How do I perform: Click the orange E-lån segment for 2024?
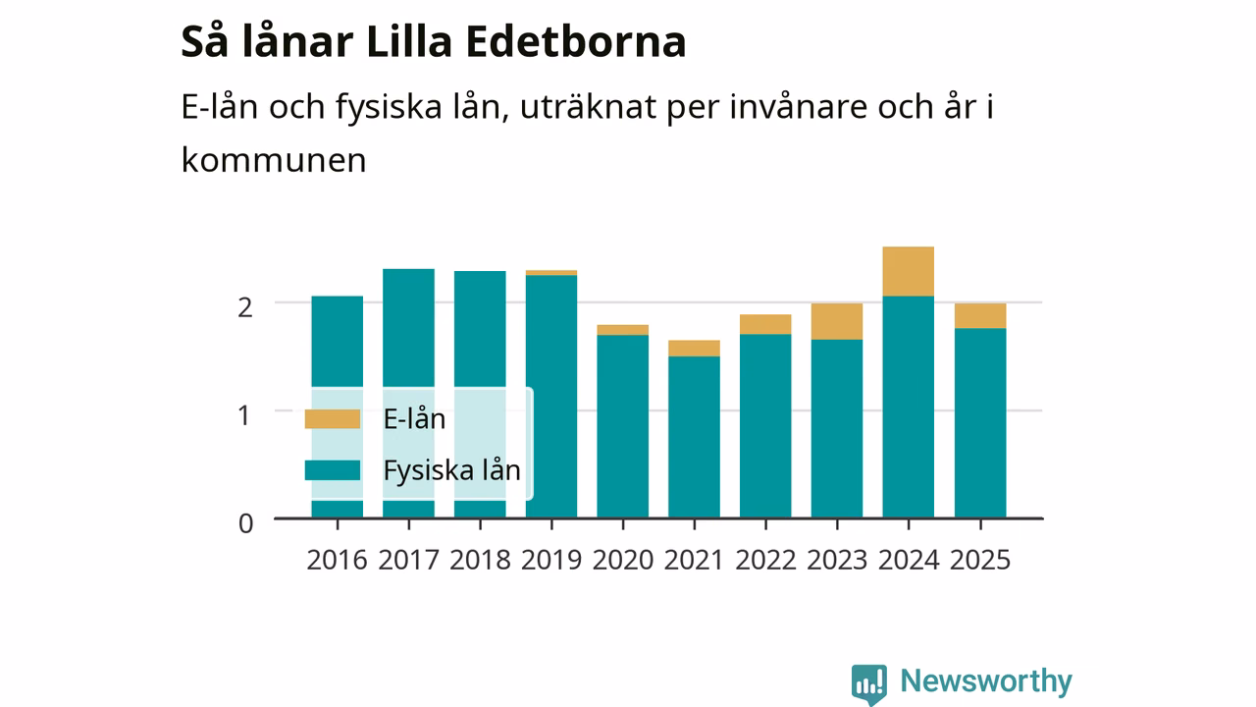coord(909,271)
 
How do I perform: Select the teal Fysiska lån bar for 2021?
coord(694,437)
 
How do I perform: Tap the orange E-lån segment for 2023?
coord(837,321)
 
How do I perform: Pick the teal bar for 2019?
coord(551,397)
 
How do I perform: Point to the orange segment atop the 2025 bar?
coord(980,316)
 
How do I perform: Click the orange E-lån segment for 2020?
coord(622,330)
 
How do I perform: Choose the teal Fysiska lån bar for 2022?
coord(765,426)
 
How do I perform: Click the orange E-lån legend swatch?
coord(332,419)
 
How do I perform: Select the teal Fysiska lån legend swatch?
coord(332,470)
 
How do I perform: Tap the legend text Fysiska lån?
coord(452,470)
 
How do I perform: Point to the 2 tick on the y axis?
coord(245,308)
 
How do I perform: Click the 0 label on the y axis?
coord(245,523)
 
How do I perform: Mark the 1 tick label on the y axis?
coord(244,415)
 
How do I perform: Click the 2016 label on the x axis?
coord(337,560)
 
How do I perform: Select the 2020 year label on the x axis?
coord(623,560)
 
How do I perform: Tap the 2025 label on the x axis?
coord(980,560)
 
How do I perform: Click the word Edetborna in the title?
coord(576,41)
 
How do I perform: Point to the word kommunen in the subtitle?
coord(274,160)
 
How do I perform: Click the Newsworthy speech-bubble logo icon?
coord(869,684)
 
